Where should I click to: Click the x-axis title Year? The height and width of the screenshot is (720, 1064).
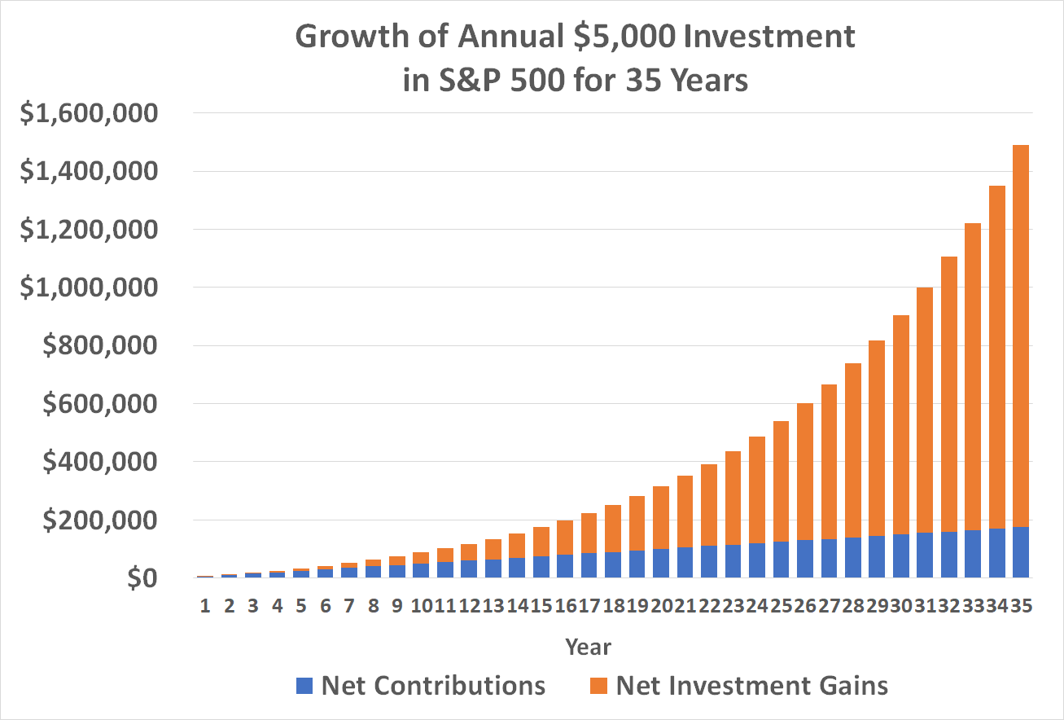point(589,647)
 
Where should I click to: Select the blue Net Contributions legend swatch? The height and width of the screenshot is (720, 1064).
point(304,685)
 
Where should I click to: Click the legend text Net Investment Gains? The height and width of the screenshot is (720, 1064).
point(751,685)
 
